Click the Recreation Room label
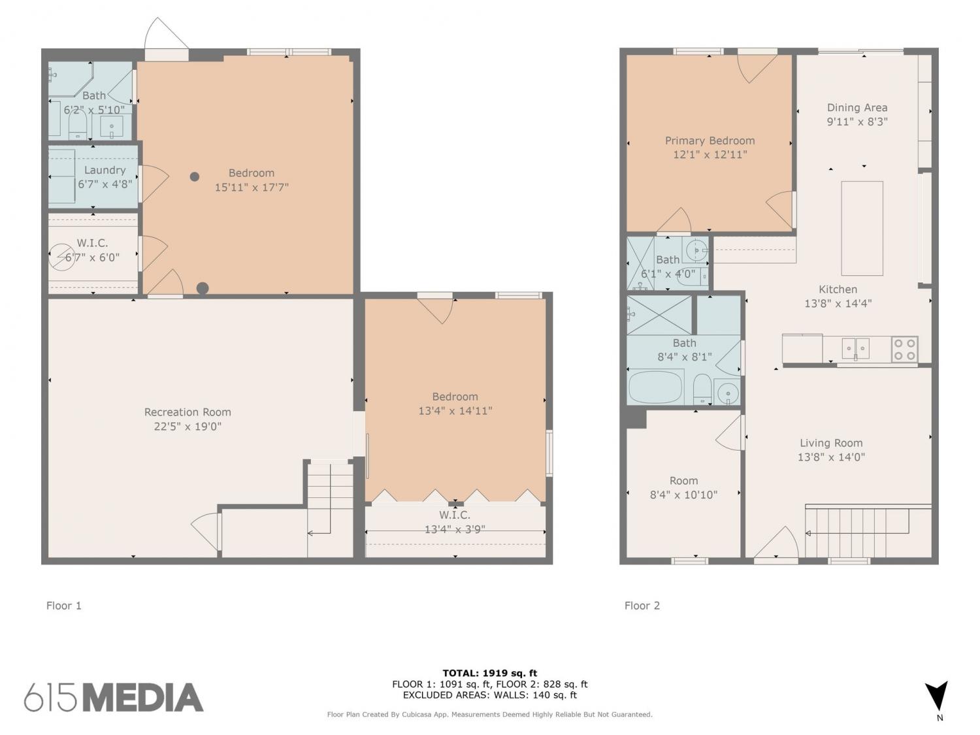188,412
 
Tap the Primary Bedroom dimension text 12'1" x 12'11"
710,154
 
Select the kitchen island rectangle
862,228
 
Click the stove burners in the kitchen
905,349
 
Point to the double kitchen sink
855,348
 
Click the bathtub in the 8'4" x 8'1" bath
656,387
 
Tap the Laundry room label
105,170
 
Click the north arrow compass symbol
937,699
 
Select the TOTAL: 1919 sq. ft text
490,672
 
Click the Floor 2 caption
642,606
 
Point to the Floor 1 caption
64,606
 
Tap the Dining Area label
857,108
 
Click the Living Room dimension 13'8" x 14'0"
831,457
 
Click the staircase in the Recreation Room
330,509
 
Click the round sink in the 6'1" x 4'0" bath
696,250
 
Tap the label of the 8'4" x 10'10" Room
683,481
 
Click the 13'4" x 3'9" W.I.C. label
455,515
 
